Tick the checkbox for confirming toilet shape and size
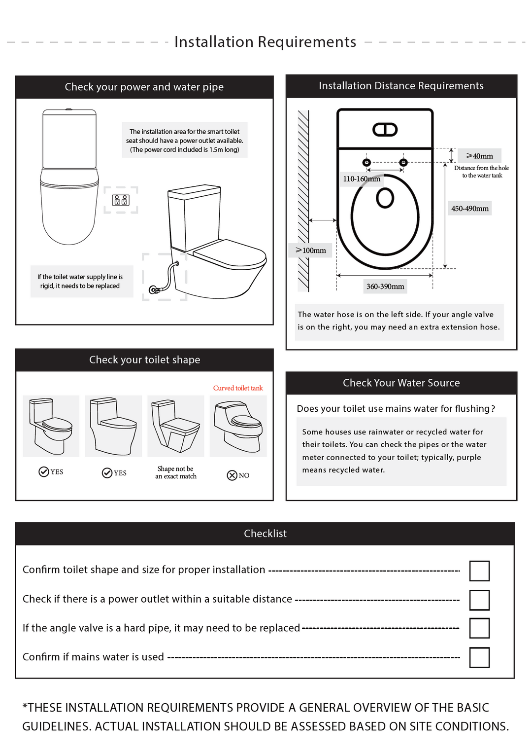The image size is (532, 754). (479, 571)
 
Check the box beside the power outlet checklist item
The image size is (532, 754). (479, 600)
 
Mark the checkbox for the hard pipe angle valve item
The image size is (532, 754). (479, 628)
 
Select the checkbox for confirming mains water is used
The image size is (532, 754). (479, 657)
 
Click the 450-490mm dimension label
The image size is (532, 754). (470, 209)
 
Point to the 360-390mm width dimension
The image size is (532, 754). (385, 287)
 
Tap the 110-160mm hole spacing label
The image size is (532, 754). (362, 179)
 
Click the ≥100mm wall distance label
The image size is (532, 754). (311, 251)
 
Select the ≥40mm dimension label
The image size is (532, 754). (480, 156)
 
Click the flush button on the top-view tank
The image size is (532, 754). (385, 130)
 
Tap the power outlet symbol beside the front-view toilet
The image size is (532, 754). (121, 200)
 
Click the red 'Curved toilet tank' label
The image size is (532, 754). (238, 388)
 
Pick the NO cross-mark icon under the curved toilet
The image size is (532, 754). (232, 475)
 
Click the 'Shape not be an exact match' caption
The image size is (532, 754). (176, 472)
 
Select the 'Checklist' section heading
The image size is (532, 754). (265, 534)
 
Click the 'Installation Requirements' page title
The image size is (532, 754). (265, 42)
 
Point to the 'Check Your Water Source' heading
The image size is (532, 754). (401, 383)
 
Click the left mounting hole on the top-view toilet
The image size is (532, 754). (366, 162)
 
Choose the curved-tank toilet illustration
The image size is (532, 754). (238, 426)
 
